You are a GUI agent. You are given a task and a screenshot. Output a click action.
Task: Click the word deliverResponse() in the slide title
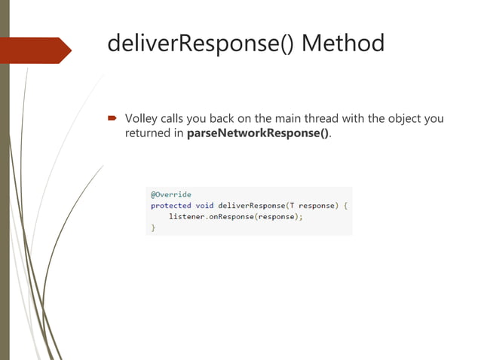[x=201, y=43]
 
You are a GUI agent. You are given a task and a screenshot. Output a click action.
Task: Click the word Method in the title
[x=343, y=43]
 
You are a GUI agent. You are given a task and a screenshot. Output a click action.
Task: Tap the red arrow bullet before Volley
[x=111, y=118]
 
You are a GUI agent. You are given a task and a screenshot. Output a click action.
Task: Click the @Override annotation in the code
[x=170, y=194]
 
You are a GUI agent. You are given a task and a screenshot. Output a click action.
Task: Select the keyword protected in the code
[x=170, y=205]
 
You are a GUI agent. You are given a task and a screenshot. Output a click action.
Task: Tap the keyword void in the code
[x=204, y=205]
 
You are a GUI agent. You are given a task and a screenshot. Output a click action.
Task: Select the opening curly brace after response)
[x=345, y=205]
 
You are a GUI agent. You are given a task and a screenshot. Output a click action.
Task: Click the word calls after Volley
[x=175, y=118]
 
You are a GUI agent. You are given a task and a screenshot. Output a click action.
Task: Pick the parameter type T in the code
[x=291, y=205]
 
